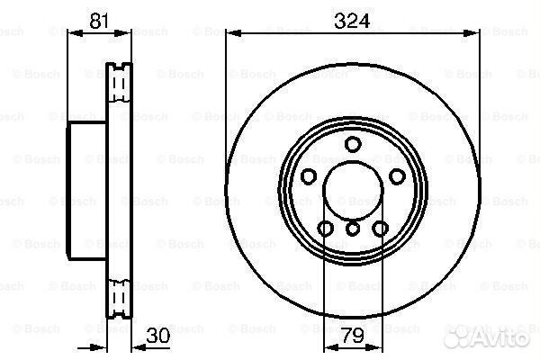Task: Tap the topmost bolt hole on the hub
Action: coord(352,145)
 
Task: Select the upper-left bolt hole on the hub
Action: coord(309,176)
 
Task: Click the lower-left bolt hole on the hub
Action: coord(326,228)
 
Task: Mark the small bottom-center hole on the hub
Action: coord(352,230)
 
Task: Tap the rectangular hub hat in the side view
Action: coord(86,190)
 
